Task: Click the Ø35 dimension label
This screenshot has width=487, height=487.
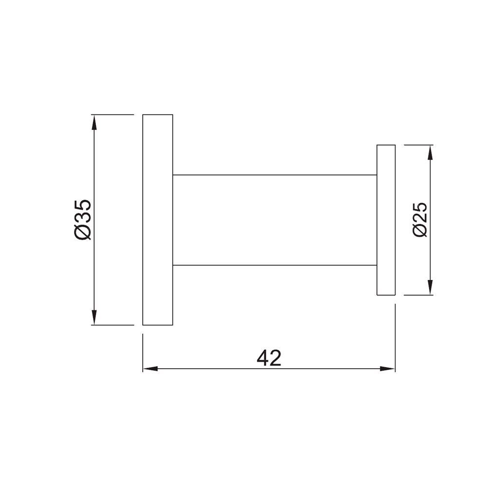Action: click(83, 219)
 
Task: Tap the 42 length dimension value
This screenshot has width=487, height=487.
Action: click(269, 358)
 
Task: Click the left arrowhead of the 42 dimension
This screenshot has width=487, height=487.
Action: click(149, 369)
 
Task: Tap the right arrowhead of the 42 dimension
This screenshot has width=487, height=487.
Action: click(389, 369)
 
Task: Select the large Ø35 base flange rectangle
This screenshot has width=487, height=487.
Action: click(158, 219)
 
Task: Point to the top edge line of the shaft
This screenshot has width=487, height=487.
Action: click(275, 174)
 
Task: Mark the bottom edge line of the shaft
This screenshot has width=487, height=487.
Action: click(275, 265)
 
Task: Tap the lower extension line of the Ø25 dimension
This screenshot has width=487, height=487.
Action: click(419, 295)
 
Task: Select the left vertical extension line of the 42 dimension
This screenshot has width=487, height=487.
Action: click(143, 351)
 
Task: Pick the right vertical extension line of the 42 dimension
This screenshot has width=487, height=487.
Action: click(395, 336)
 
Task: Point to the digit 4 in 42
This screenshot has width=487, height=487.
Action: click(263, 358)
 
